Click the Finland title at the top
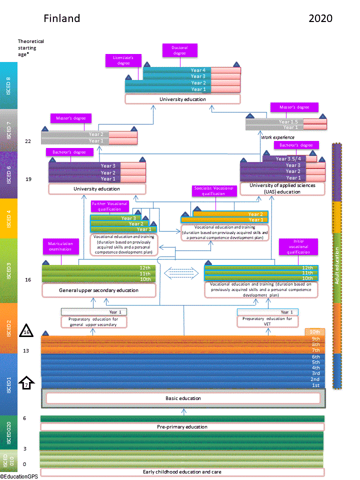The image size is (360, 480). click(x=61, y=19)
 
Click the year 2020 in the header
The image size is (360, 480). click(x=320, y=19)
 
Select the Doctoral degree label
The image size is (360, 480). click(x=180, y=50)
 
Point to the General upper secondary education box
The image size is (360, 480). click(x=98, y=290)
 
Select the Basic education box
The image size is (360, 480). click(x=183, y=398)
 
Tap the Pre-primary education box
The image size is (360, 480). click(x=182, y=427)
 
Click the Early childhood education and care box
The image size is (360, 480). click(x=182, y=472)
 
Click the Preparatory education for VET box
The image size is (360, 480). click(x=267, y=321)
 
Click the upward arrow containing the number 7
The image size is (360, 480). click(x=26, y=384)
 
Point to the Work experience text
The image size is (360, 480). click(x=277, y=137)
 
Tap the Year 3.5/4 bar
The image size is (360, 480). click(x=289, y=159)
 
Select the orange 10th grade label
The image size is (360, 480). click(x=315, y=331)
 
